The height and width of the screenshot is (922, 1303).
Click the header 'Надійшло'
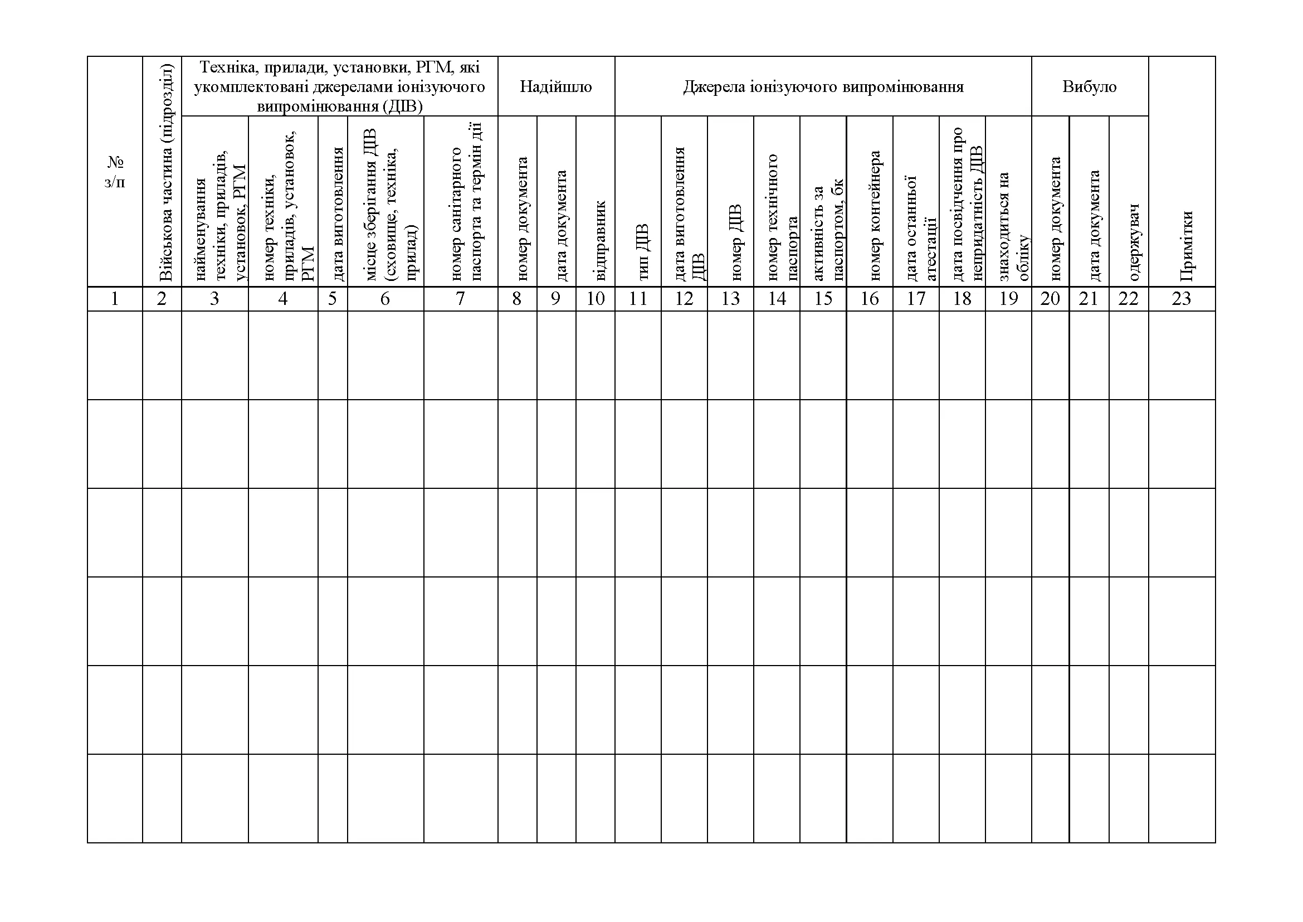point(555,87)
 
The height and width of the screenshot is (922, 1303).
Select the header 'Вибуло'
point(1089,87)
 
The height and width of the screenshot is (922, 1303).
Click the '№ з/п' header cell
point(115,172)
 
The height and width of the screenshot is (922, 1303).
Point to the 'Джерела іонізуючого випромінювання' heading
point(823,87)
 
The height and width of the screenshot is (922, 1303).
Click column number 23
point(1181,299)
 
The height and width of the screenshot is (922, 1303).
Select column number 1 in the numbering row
point(115,299)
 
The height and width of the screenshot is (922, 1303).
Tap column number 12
point(684,299)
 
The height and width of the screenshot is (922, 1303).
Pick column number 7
point(460,299)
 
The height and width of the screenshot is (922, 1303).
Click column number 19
point(1008,299)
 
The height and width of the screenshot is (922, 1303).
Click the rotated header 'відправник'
point(600,241)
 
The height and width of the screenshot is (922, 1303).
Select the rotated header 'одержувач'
point(1134,242)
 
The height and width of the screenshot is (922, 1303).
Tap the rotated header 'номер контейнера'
point(874,216)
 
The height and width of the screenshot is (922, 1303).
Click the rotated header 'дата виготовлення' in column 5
point(338,214)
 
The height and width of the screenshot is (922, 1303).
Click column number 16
point(870,299)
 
